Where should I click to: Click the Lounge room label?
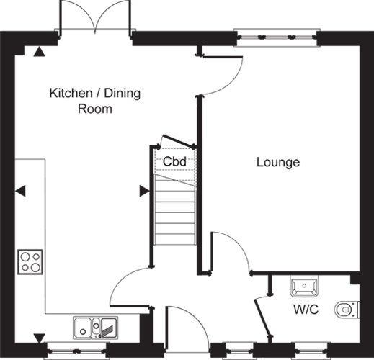(278, 163)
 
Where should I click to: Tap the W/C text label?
(306, 310)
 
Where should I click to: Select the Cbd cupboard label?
(174, 161)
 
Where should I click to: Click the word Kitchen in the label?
(71, 93)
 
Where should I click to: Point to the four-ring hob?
(30, 262)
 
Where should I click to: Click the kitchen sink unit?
(96, 328)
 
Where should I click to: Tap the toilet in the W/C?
(347, 310)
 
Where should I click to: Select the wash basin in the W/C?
(304, 287)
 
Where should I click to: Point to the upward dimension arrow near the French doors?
(39, 52)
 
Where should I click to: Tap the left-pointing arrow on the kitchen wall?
(21, 191)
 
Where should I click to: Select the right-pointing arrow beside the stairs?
(145, 191)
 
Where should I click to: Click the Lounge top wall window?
(277, 37)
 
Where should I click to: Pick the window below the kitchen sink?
(76, 351)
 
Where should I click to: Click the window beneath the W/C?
(311, 351)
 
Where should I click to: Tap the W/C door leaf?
(263, 316)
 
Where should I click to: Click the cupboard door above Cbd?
(179, 141)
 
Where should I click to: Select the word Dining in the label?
(123, 94)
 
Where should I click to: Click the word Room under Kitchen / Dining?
(95, 109)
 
